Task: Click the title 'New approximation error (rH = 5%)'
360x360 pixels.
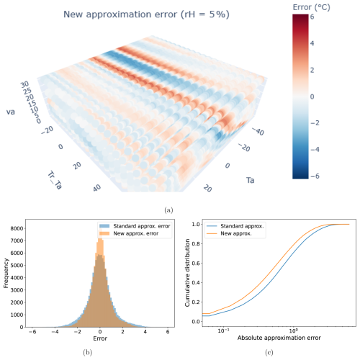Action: pyautogui.click(x=146, y=14)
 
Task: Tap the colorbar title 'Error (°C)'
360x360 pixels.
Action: pyautogui.click(x=311, y=7)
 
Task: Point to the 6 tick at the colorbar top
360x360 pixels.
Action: pyautogui.click(x=312, y=17)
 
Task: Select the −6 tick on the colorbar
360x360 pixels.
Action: pyautogui.click(x=315, y=176)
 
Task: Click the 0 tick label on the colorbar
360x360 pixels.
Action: pyautogui.click(x=312, y=96)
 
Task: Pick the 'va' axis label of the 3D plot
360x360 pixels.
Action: pyautogui.click(x=11, y=112)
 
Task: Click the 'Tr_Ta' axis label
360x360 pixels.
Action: pyautogui.click(x=55, y=180)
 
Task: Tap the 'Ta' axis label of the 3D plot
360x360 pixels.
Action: pyautogui.click(x=250, y=180)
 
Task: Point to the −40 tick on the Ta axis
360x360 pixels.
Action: pyautogui.click(x=258, y=131)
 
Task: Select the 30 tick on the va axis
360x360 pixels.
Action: pyautogui.click(x=24, y=84)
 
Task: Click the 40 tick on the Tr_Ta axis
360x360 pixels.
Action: pyautogui.click(x=97, y=189)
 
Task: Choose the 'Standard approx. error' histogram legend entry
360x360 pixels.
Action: pyautogui.click(x=135, y=226)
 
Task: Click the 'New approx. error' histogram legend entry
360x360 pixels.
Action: pyautogui.click(x=129, y=233)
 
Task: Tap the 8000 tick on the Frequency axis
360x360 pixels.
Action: pyautogui.click(x=17, y=228)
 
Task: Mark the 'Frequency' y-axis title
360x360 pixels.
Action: pyautogui.click(x=6, y=273)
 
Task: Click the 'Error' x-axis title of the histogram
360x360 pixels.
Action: pyautogui.click(x=100, y=338)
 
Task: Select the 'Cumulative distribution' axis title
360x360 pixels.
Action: pyautogui.click(x=187, y=273)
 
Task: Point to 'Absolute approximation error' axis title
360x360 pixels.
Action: pyautogui.click(x=279, y=338)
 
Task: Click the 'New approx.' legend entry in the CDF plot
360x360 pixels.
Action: pyautogui.click(x=229, y=233)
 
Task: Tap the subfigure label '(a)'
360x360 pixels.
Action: pyautogui.click(x=168, y=210)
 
